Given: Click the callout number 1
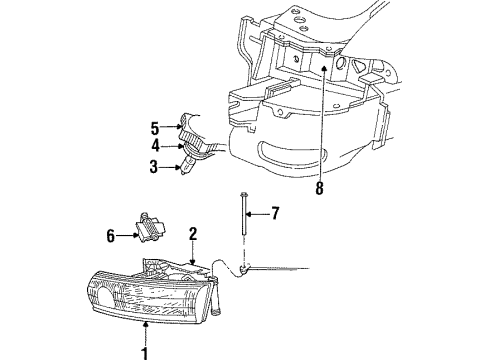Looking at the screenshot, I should click(144, 350).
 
